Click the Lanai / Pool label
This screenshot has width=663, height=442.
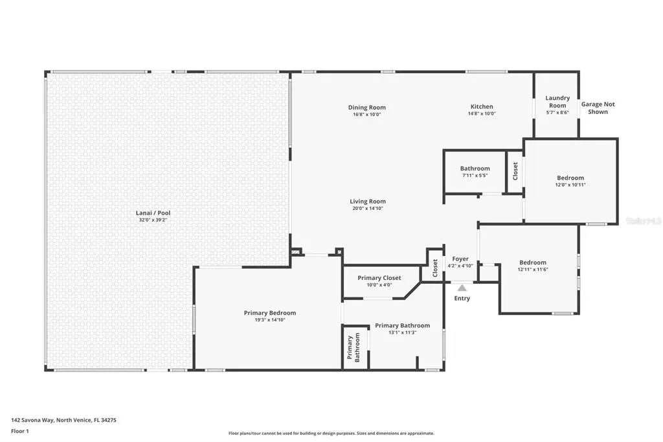[x=153, y=213]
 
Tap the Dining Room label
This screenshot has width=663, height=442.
[x=366, y=108]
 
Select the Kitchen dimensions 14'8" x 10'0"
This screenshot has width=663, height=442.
[x=482, y=114]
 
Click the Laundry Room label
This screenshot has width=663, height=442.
[x=557, y=102]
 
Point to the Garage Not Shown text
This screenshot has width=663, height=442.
[x=598, y=108]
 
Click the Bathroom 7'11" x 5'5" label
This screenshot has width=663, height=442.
[x=475, y=169]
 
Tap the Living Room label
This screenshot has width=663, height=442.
[x=368, y=202]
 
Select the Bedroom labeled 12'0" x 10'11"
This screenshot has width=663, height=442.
[x=570, y=178]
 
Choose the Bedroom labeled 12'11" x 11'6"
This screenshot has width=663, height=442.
[x=532, y=262]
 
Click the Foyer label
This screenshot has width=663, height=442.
[x=460, y=259]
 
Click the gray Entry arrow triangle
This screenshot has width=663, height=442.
[x=462, y=287]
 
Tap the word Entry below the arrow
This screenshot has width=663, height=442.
[x=462, y=299]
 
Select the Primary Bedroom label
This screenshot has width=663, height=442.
[x=269, y=313]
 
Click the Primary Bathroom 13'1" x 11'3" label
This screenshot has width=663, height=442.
[x=402, y=325]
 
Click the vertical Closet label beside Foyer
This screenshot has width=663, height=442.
[x=435, y=268]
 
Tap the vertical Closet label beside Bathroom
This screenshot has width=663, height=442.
[x=515, y=170]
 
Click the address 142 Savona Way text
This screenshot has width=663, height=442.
[x=64, y=420]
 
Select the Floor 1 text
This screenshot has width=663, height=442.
[x=21, y=430]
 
